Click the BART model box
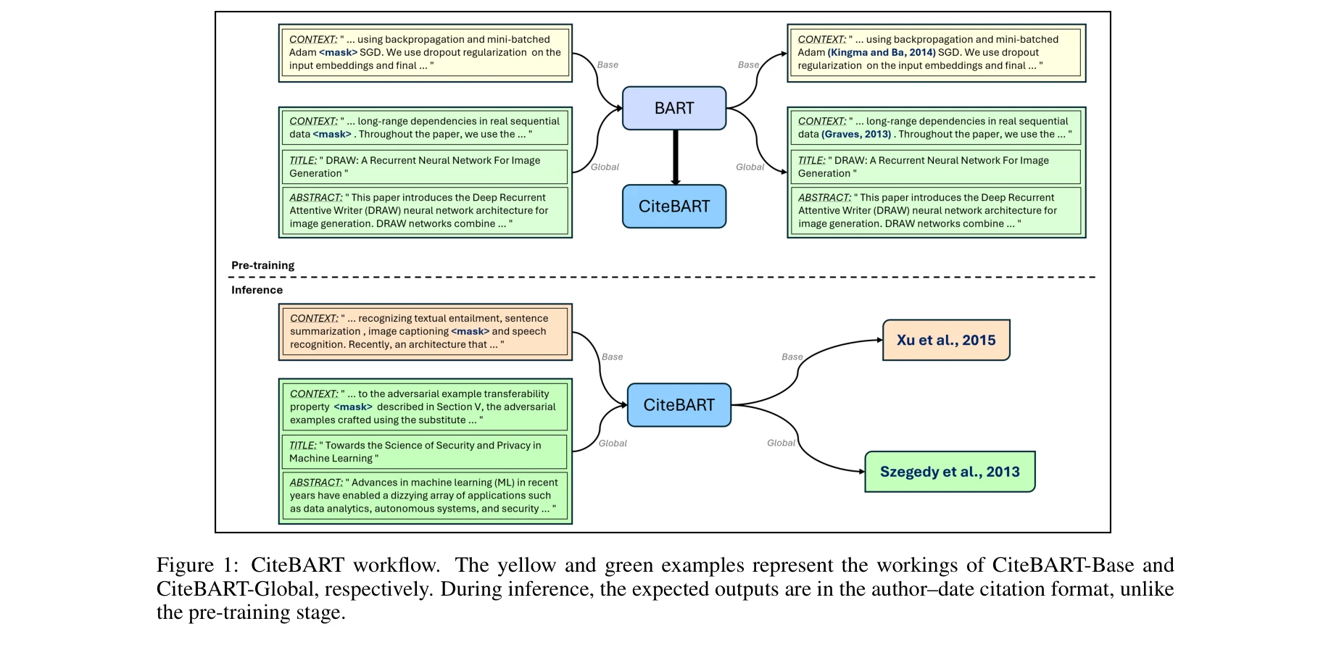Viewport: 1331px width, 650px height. pos(674,108)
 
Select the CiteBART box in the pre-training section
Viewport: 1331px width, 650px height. pos(674,207)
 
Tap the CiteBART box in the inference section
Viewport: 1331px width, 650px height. pos(679,405)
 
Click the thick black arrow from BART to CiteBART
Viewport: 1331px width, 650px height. pos(676,157)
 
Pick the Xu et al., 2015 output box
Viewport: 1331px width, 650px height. pos(945,340)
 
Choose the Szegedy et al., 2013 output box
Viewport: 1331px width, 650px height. pos(950,472)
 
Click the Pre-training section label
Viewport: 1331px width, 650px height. pos(262,265)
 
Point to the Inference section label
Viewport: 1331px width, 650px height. pos(257,290)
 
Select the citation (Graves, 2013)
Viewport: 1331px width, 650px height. pos(856,134)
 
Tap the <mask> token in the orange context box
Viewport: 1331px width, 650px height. pos(470,331)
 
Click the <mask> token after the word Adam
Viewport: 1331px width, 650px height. pos(338,52)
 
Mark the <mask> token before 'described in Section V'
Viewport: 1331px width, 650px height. pos(352,407)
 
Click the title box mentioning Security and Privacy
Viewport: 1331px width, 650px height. pos(425,451)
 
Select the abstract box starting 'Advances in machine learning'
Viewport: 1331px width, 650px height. pos(425,496)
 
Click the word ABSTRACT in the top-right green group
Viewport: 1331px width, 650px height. pos(824,197)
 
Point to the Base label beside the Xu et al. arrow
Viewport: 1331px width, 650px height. pos(792,357)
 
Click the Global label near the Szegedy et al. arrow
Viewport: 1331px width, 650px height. pos(781,443)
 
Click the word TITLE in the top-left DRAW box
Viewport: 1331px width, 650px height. pos(303,160)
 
